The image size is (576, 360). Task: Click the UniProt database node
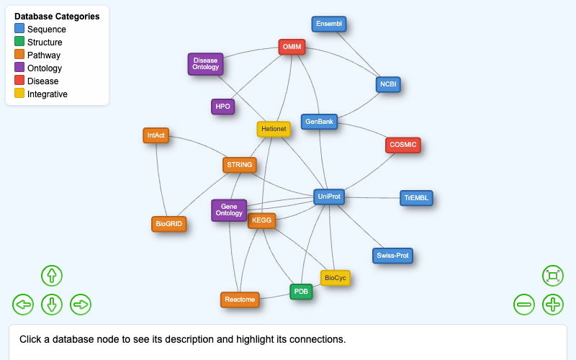pos(329,196)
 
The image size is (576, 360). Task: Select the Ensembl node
pos(329,24)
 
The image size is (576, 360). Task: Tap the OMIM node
pos(292,47)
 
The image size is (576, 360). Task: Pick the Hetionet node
pos(274,129)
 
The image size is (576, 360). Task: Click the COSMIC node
pos(402,145)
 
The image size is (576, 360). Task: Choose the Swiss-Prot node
pos(392,256)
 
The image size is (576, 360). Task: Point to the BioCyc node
pos(335,277)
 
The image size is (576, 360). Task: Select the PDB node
pos(301,292)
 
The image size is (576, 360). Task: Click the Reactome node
pos(240,300)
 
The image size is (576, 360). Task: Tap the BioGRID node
pos(169,224)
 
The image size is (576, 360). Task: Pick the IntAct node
pos(156,135)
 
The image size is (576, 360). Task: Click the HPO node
pos(222,107)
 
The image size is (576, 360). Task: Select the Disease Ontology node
pos(205,64)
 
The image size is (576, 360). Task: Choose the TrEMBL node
pos(416,197)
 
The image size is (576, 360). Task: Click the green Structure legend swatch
pos(19,42)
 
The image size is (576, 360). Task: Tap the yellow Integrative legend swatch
pos(19,94)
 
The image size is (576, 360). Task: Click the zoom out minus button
pos(524,305)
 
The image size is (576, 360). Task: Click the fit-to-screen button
pos(553,275)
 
